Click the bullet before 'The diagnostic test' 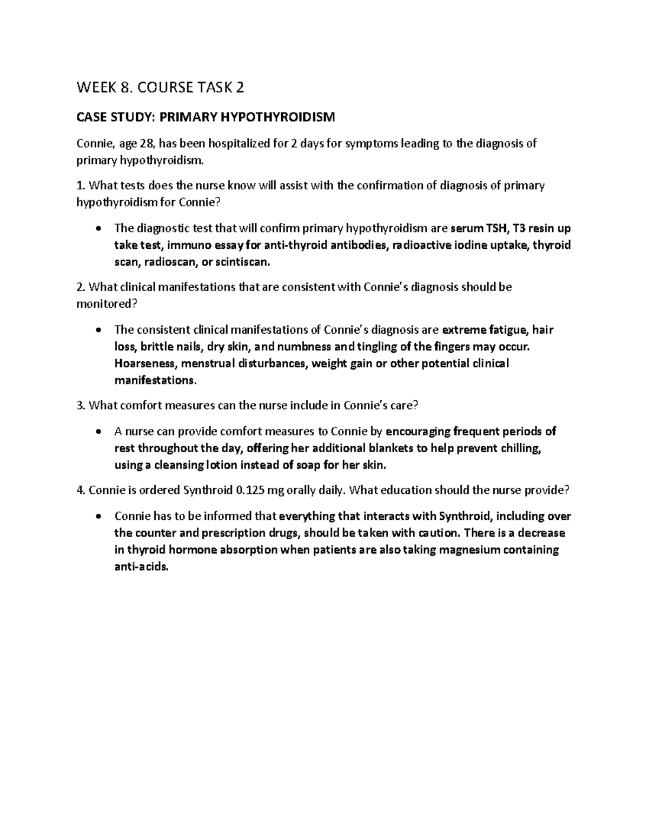[x=98, y=228]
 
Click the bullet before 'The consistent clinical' [x=98, y=330]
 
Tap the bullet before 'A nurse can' [x=98, y=432]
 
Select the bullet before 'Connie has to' [x=98, y=517]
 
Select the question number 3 [x=81, y=405]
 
